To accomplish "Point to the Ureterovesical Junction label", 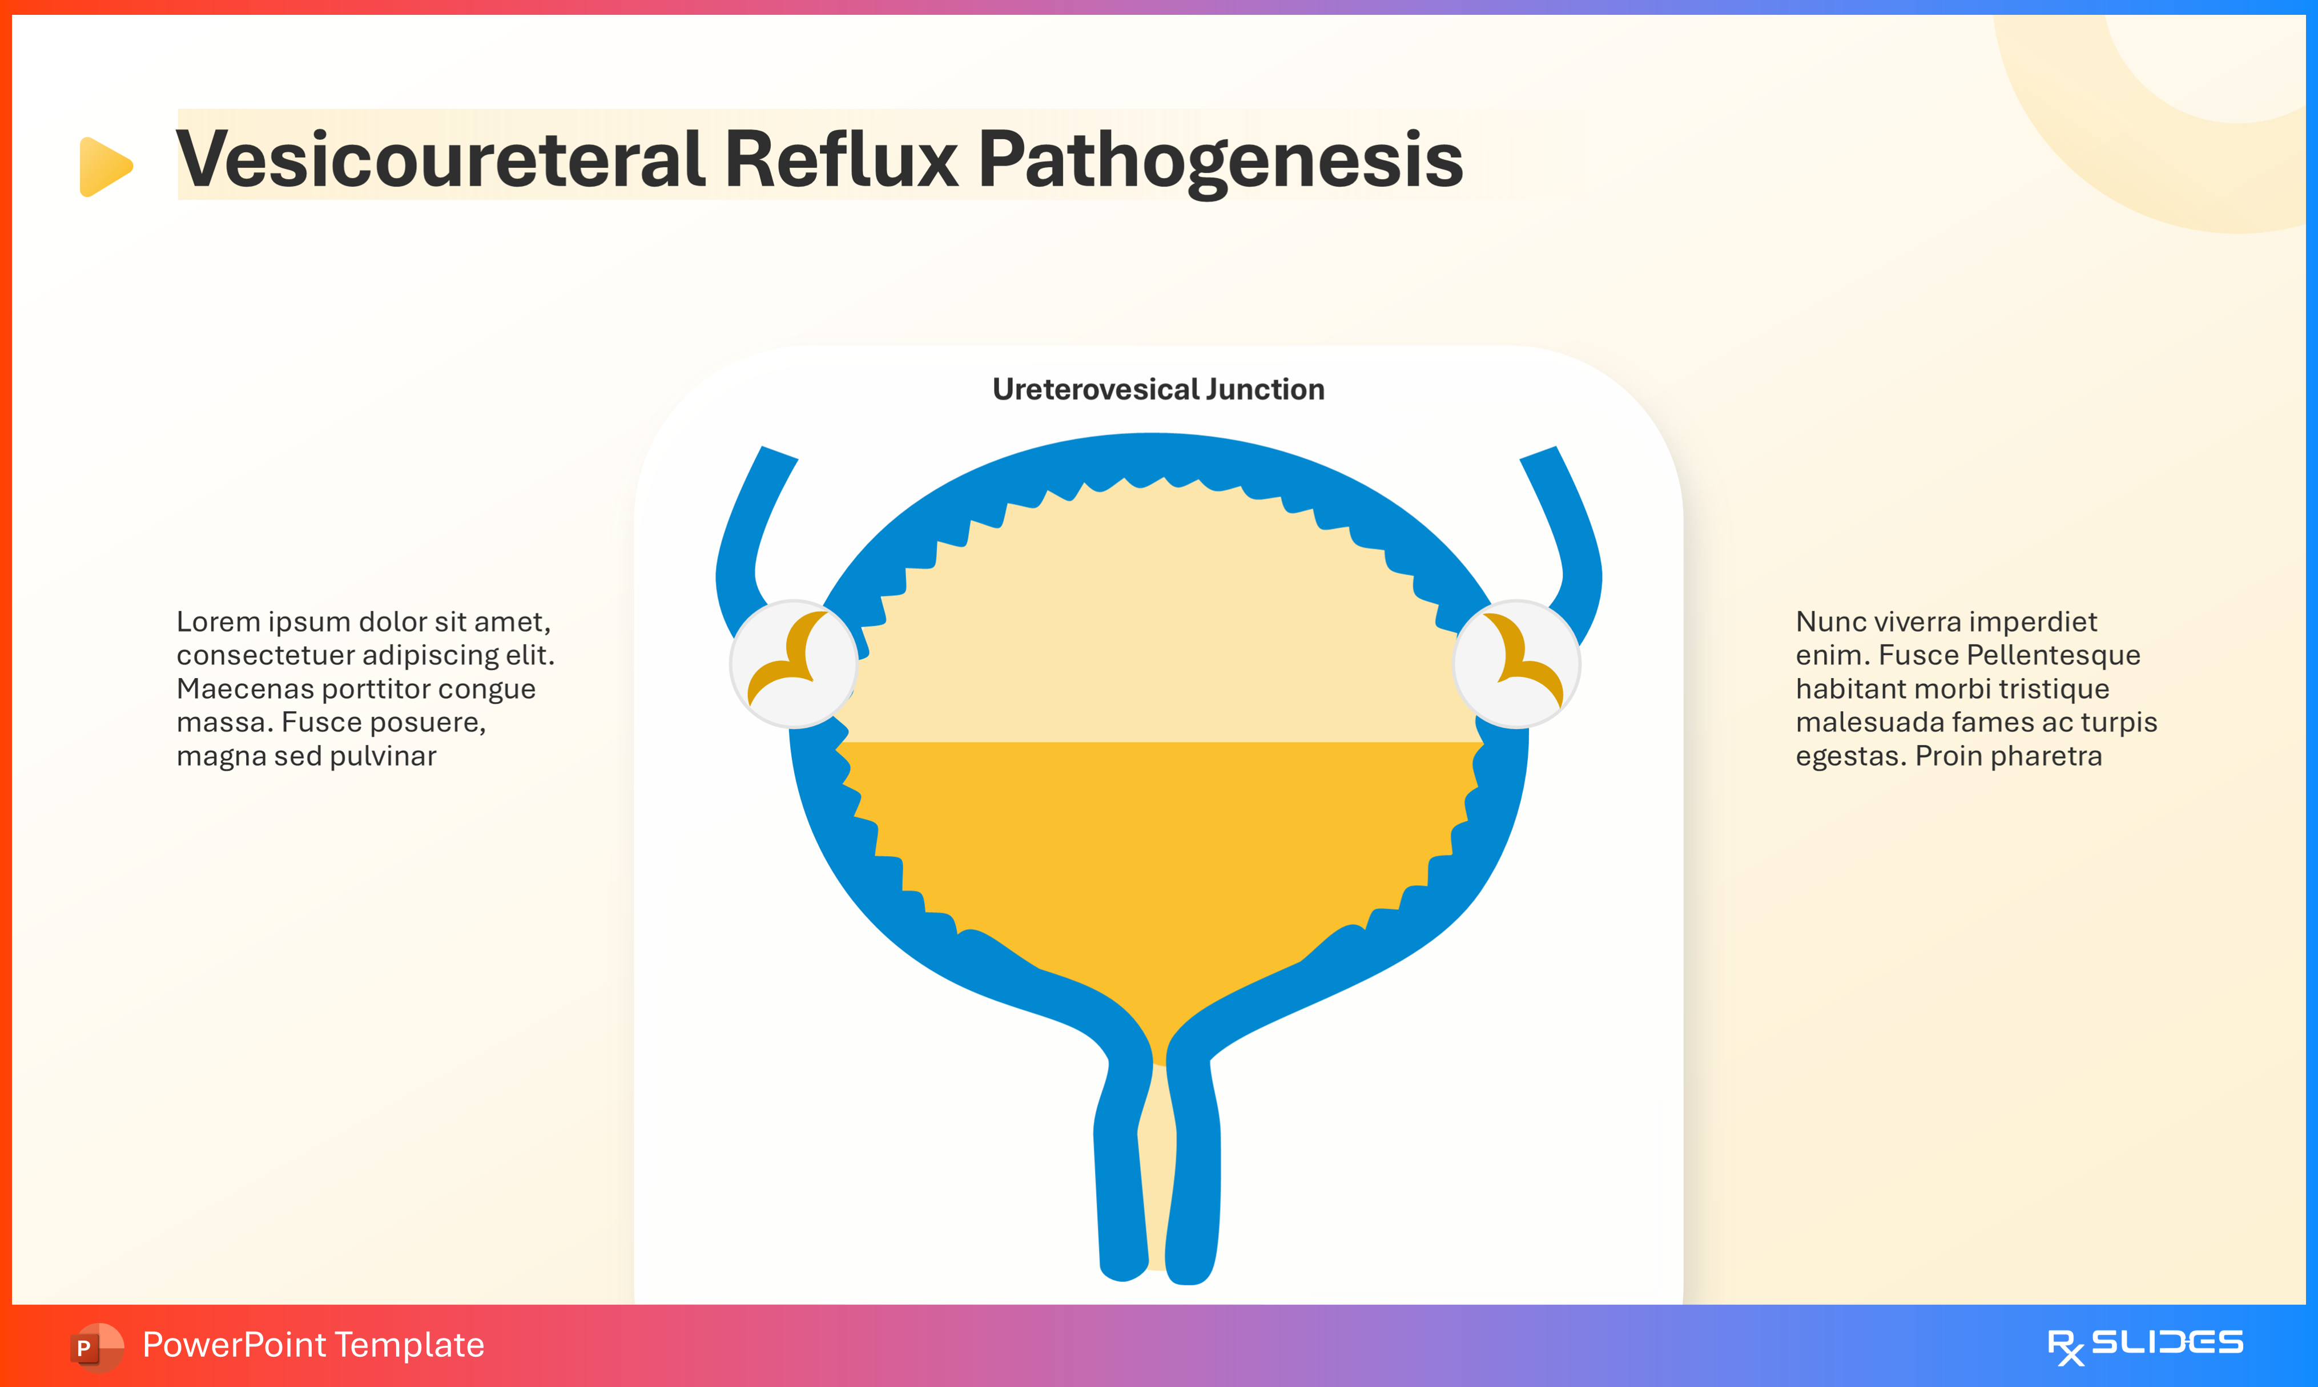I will click(x=1158, y=389).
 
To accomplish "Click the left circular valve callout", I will click(x=794, y=664).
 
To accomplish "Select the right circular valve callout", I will click(x=1516, y=664).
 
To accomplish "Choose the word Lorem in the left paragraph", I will click(x=217, y=622).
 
